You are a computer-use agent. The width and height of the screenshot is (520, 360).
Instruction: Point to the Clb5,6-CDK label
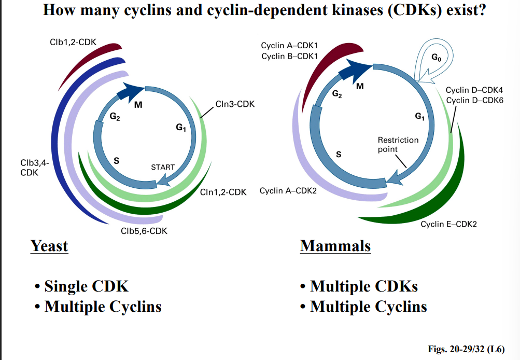[144, 231]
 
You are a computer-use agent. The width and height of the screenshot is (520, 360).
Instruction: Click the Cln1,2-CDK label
[223, 191]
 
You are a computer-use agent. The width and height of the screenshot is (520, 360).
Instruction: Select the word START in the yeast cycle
[163, 167]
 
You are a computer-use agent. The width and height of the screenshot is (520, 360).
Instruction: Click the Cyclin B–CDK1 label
[289, 56]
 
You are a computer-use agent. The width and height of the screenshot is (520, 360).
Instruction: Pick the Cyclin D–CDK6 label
[474, 100]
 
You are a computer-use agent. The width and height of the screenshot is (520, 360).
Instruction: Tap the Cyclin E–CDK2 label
[448, 224]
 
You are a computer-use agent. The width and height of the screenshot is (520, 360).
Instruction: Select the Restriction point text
[398, 144]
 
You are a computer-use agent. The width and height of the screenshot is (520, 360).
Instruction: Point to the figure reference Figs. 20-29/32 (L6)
[466, 349]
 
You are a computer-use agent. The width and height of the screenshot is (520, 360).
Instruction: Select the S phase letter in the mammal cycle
[339, 154]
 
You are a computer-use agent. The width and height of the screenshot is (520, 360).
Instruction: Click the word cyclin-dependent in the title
[288, 10]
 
